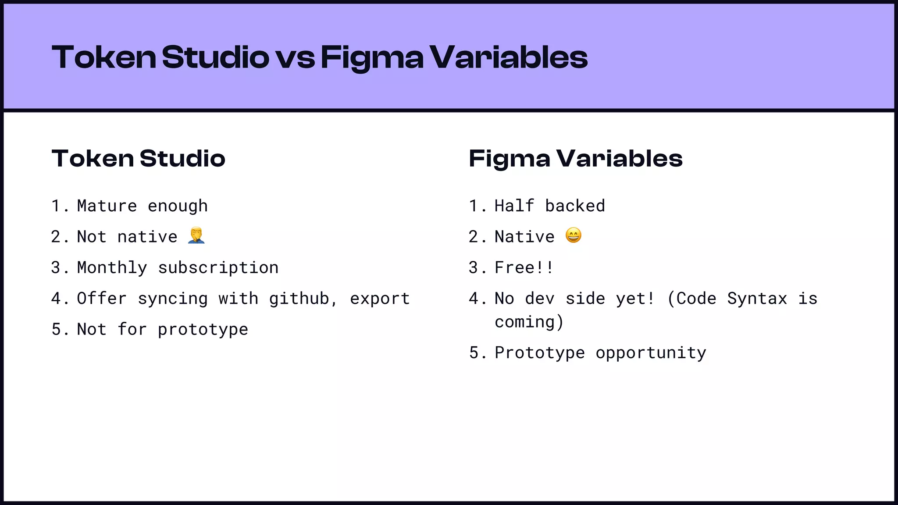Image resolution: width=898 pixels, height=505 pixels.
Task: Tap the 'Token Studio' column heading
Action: tap(139, 158)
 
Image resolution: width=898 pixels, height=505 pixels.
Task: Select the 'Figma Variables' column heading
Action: tap(576, 158)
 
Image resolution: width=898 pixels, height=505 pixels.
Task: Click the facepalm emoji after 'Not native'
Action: tap(196, 236)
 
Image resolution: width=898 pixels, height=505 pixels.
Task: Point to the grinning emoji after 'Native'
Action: tap(574, 235)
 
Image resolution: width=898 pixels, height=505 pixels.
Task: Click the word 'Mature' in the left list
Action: tap(107, 206)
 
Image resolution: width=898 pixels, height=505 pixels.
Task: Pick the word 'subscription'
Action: tap(218, 268)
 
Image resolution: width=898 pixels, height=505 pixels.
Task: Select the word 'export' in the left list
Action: tap(380, 299)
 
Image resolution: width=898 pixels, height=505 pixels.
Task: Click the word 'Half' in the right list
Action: tap(514, 206)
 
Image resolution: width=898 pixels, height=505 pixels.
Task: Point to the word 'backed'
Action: tap(575, 206)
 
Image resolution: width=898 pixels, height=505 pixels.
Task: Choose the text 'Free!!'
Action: tap(524, 268)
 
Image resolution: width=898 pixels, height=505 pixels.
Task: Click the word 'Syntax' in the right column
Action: tap(757, 299)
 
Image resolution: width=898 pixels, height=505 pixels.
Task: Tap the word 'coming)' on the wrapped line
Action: tap(529, 322)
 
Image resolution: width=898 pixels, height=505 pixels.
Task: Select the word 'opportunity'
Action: tap(651, 353)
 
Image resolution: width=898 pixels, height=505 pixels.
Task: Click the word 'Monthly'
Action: tap(112, 268)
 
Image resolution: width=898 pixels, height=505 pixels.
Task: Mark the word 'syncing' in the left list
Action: tap(173, 299)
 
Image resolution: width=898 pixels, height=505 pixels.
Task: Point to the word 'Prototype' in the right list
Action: tap(540, 353)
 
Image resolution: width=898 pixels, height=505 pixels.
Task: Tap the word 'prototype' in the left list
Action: tap(203, 330)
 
